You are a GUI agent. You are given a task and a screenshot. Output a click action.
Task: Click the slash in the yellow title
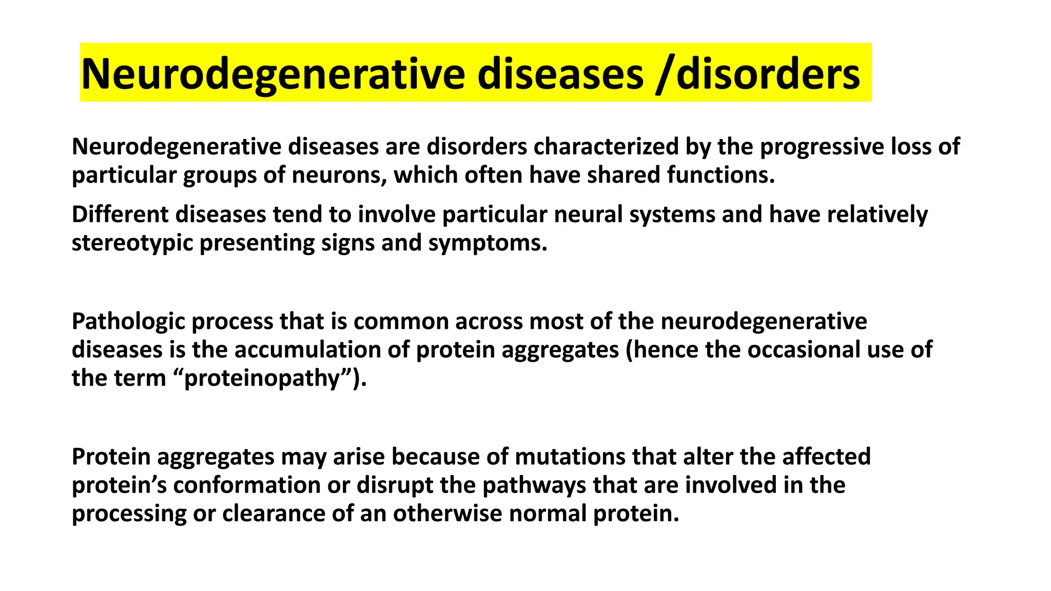[665, 75]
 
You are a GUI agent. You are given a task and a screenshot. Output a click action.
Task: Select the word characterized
[606, 147]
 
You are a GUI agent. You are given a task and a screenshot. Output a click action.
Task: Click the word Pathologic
[128, 322]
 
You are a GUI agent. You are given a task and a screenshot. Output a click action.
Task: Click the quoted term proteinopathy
[262, 379]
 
